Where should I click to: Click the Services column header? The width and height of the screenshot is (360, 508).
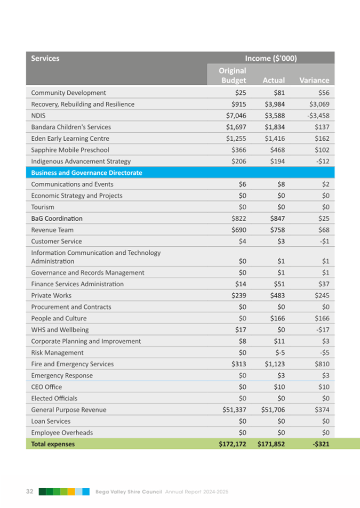point(45,58)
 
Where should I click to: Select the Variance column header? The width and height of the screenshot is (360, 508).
point(314,80)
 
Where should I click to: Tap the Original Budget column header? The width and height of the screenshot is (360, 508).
point(233,75)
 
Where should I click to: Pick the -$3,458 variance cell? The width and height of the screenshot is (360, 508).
point(315,115)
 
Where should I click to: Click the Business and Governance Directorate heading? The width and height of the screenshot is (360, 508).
point(86,173)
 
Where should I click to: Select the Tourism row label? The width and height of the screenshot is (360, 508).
point(43,207)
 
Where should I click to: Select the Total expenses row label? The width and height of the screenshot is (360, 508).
point(53,444)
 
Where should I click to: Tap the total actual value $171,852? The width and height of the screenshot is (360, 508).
point(271,444)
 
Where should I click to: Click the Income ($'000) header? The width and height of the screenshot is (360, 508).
point(271,58)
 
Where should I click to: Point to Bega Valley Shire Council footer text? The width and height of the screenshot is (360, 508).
point(129,491)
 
